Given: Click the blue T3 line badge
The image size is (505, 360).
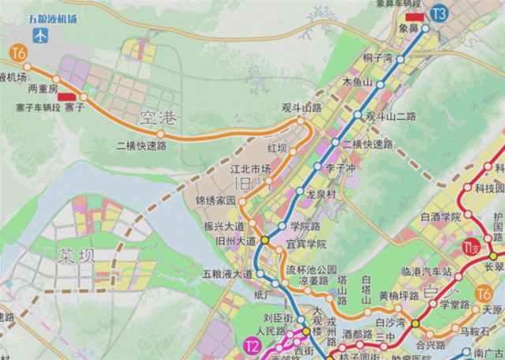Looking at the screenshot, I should (439, 13).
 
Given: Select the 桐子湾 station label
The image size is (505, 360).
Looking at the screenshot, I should (377, 58).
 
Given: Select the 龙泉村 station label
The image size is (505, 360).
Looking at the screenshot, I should (321, 193).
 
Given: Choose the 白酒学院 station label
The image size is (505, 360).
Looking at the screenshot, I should (440, 217).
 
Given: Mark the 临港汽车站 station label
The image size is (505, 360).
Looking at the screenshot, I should (427, 272).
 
